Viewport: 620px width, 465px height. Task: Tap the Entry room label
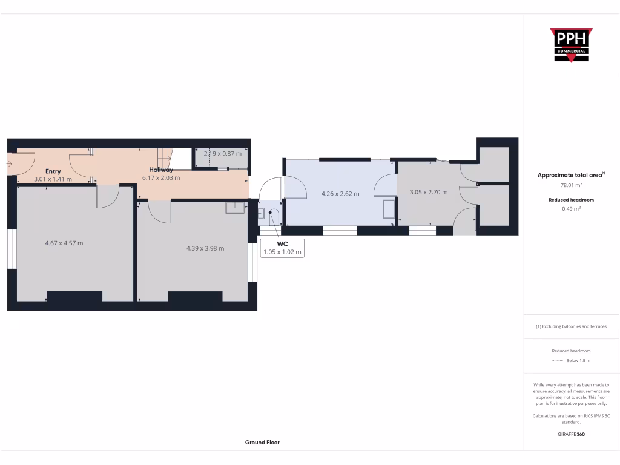click(53, 171)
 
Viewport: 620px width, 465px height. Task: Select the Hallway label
click(161, 170)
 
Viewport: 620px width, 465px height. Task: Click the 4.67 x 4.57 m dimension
click(64, 243)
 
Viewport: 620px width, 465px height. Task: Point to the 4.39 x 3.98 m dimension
click(205, 248)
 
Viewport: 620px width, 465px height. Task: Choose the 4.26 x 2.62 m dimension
click(340, 194)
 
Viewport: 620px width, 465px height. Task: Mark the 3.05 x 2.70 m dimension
click(429, 192)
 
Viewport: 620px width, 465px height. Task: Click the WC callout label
click(282, 244)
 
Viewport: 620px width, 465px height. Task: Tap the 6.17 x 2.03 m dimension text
click(161, 178)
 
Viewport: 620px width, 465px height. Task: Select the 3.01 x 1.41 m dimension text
click(53, 179)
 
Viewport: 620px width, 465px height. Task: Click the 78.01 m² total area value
click(571, 186)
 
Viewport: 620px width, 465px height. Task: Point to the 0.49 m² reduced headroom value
click(571, 208)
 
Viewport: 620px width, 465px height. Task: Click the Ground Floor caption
click(262, 443)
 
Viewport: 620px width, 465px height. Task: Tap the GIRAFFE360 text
click(571, 434)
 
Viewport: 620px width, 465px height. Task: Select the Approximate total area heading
click(570, 175)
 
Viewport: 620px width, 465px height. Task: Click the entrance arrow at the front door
click(10, 163)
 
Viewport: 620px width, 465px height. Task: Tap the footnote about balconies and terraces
click(571, 326)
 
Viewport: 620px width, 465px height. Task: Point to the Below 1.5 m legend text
click(578, 361)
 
